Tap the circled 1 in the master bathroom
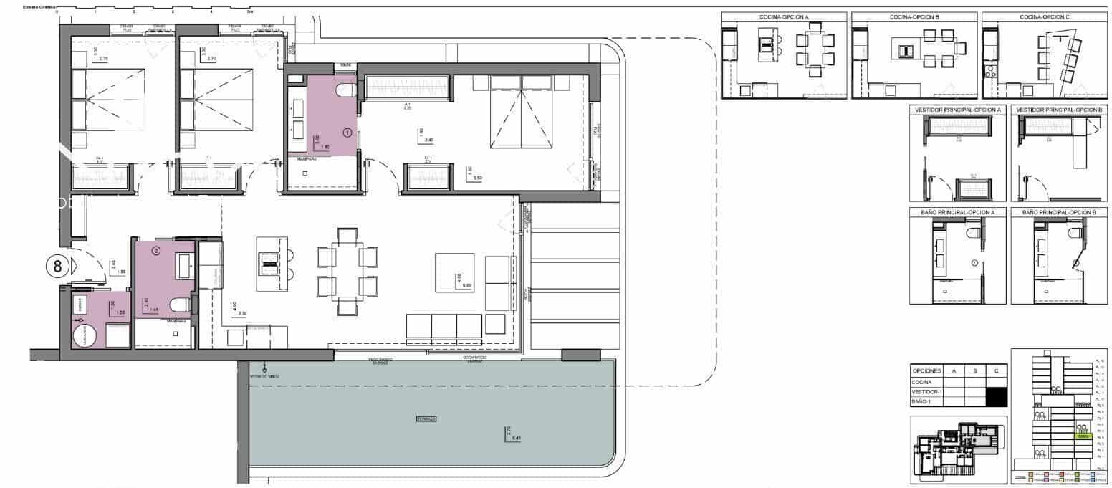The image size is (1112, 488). coord(348,133)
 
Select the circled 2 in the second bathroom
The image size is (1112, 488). coord(156,251)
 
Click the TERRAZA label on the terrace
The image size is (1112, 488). coord(426,418)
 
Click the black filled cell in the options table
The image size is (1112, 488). coord(997,396)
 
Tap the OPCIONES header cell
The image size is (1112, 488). coord(926,371)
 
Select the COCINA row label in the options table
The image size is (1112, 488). coord(923,383)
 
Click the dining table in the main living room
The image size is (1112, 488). coord(347,272)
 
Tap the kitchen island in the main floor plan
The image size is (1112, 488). coord(271,263)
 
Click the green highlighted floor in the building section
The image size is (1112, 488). coord(1082,436)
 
